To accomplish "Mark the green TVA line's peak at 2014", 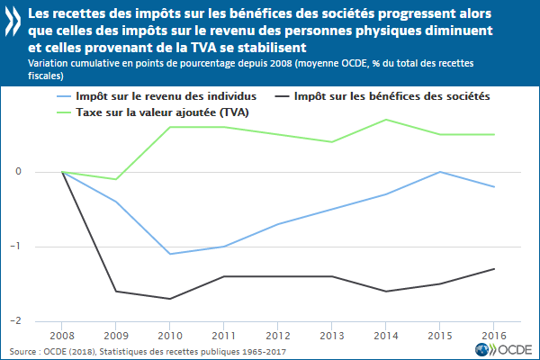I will pos(386,120).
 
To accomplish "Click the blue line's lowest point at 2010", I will pos(170,254).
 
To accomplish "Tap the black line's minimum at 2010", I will pos(170,299).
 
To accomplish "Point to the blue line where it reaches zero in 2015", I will pos(440,172).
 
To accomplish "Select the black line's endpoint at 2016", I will pos(494,268).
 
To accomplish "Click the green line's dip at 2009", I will pos(116,179).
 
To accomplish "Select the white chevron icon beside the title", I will pos(13,19).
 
